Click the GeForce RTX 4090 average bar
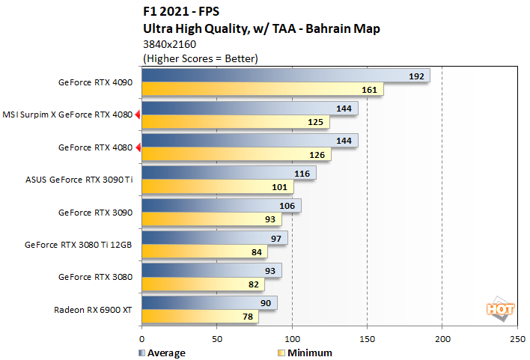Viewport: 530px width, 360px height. coord(284,76)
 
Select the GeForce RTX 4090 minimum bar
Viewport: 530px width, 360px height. coord(262,90)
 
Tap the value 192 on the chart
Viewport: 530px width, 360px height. coord(417,76)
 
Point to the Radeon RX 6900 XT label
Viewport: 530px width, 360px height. coord(93,309)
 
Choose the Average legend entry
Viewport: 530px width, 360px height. coord(162,353)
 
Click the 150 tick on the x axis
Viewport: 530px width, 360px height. coord(367,338)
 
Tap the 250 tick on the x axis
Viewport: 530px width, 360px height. coord(517,338)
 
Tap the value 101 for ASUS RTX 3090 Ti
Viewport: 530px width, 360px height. coord(280,186)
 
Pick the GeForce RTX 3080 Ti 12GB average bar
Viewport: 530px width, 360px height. coord(214,237)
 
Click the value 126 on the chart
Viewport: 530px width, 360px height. coord(317,154)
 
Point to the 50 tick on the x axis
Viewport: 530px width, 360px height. coord(216,338)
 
